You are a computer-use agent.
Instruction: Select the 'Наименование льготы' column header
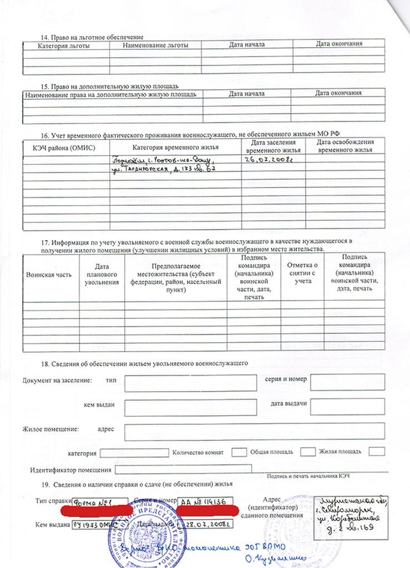tap(155, 45)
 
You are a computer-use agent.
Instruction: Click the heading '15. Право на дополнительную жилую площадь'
tap(110, 87)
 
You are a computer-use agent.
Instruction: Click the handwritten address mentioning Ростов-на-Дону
tap(163, 165)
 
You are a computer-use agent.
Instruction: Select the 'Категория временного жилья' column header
tap(175, 147)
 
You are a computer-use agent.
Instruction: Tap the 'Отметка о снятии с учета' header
tap(302, 273)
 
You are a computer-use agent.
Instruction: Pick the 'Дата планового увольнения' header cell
tap(102, 275)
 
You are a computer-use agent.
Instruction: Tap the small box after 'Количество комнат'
tap(239, 452)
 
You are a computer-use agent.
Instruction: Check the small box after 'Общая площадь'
tap(307, 452)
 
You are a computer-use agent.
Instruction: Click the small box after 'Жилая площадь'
tap(376, 452)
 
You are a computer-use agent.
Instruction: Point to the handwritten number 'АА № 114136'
tap(201, 501)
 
